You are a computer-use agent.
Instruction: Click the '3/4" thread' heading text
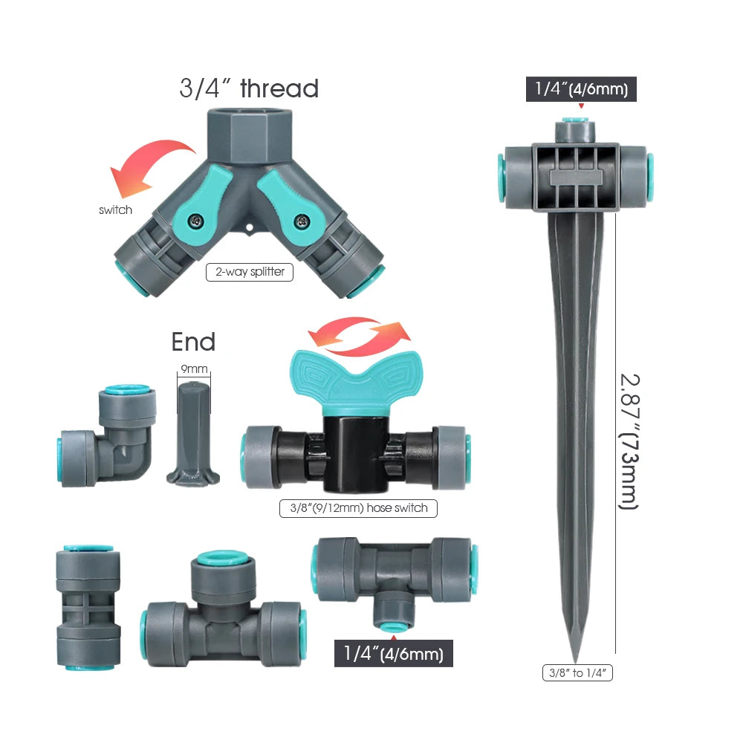pyautogui.click(x=249, y=88)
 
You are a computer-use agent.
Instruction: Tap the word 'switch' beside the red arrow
pyautogui.click(x=115, y=210)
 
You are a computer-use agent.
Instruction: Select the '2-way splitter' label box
pyautogui.click(x=250, y=272)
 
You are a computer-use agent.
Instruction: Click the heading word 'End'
pyautogui.click(x=193, y=342)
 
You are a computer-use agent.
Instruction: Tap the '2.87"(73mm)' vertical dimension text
pyautogui.click(x=629, y=441)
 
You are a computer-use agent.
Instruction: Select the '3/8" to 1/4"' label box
pyautogui.click(x=577, y=673)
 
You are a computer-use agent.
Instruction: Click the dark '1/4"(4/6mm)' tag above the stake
pyautogui.click(x=581, y=90)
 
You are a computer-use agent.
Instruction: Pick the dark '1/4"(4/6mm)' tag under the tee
pyautogui.click(x=394, y=654)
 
